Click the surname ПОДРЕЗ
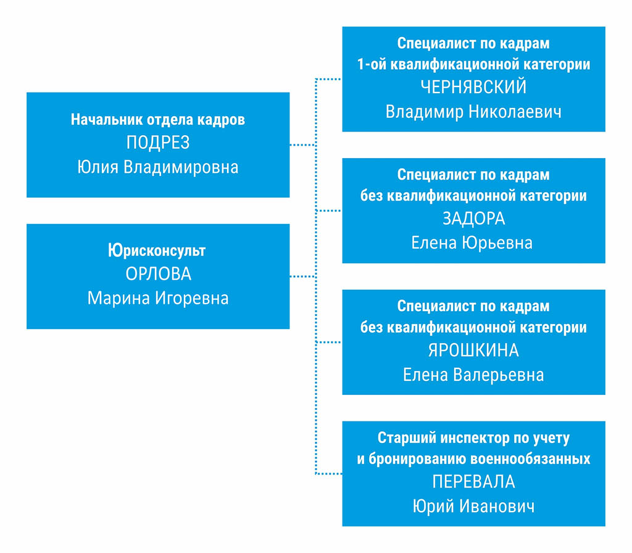[x=158, y=143]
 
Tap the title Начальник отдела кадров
[x=158, y=119]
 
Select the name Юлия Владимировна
[x=158, y=167]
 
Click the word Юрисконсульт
[x=157, y=251]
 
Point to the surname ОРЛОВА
[x=159, y=274]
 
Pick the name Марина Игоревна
[x=158, y=298]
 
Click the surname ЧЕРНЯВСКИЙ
[x=473, y=87]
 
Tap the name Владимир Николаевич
[x=473, y=112]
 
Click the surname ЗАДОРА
[x=473, y=219]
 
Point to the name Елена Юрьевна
[x=472, y=243]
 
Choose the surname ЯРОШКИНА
[x=473, y=351]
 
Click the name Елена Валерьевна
[x=473, y=375]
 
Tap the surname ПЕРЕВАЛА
[x=473, y=481]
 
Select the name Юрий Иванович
[x=473, y=506]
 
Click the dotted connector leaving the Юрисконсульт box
[x=302, y=276]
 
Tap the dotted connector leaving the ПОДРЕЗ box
[x=302, y=144]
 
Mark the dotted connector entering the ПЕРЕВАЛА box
[x=329, y=473]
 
